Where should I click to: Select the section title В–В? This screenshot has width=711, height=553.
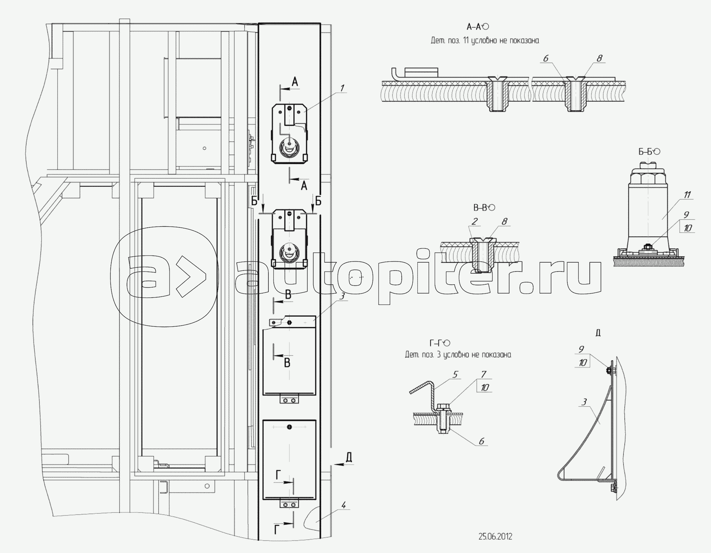tap(480, 207)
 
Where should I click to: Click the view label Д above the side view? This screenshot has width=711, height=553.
tap(598, 333)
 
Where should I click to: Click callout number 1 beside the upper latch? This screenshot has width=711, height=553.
tap(342, 87)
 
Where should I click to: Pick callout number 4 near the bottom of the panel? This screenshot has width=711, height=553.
tap(343, 505)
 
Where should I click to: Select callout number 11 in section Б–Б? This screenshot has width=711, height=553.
tap(687, 195)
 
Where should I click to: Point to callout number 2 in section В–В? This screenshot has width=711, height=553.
tap(475, 221)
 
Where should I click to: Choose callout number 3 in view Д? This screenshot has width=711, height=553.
tap(584, 402)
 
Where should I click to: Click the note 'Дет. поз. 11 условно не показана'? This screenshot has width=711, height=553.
tap(485, 41)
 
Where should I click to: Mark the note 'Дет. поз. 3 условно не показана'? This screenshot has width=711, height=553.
tap(458, 354)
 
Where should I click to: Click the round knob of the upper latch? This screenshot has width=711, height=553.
tap(290, 146)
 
